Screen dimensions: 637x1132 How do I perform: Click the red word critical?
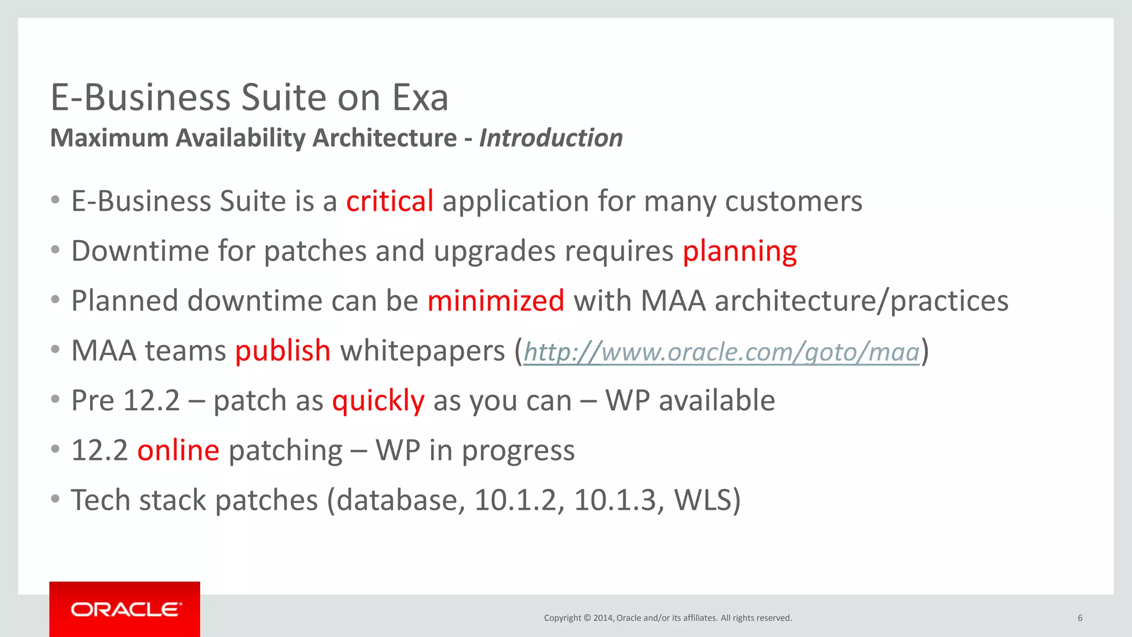pos(390,201)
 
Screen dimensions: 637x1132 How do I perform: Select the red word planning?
pos(739,251)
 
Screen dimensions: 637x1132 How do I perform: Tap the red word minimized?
pos(496,301)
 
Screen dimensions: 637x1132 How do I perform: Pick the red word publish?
pos(283,351)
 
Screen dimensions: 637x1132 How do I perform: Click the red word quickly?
pos(378,400)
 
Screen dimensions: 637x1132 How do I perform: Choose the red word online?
pos(178,450)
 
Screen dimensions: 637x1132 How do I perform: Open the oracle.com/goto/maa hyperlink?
pos(721,352)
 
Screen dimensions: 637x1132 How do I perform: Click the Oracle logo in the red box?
pos(125,609)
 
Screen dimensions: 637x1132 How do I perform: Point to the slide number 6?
pos(1079,618)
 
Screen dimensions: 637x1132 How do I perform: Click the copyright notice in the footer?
pos(668,618)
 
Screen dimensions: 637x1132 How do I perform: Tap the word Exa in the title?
pos(420,97)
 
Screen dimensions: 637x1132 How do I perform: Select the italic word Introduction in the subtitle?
pos(551,138)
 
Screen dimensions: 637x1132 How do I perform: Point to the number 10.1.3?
pos(614,500)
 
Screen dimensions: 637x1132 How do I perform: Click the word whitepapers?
pos(422,351)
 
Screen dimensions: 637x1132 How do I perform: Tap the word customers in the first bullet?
pos(793,201)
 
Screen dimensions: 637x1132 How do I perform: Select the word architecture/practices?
pos(861,301)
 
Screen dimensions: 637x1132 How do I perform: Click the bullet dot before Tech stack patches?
pos(55,499)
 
